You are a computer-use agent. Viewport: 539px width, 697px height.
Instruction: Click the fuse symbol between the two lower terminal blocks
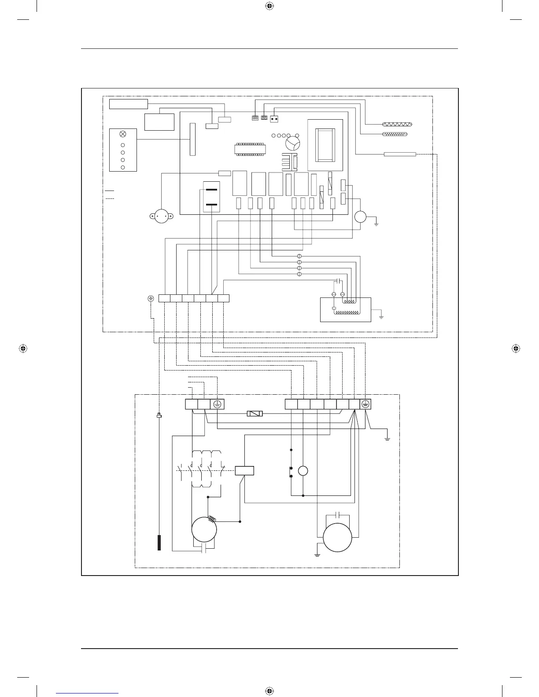(x=255, y=414)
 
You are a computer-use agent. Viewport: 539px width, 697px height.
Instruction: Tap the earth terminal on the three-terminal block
(x=217, y=404)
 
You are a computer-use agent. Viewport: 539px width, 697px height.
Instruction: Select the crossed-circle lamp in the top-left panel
(x=123, y=134)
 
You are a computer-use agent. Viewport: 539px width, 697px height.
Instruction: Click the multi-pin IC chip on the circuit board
(x=250, y=149)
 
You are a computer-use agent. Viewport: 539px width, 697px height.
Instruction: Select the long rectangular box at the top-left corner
(x=128, y=104)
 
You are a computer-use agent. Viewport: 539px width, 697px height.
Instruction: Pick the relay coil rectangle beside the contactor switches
(x=244, y=470)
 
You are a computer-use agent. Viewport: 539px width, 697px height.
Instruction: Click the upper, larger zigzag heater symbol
(x=397, y=125)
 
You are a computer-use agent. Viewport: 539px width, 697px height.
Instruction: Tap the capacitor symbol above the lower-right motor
(x=337, y=514)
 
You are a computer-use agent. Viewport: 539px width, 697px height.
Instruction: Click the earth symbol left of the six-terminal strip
(x=151, y=298)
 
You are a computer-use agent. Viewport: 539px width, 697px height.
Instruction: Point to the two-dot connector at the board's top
(x=274, y=118)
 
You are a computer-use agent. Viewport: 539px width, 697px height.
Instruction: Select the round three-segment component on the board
(x=292, y=143)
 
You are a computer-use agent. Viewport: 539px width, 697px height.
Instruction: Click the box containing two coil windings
(x=345, y=309)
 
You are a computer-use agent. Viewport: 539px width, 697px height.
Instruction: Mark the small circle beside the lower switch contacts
(x=303, y=471)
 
